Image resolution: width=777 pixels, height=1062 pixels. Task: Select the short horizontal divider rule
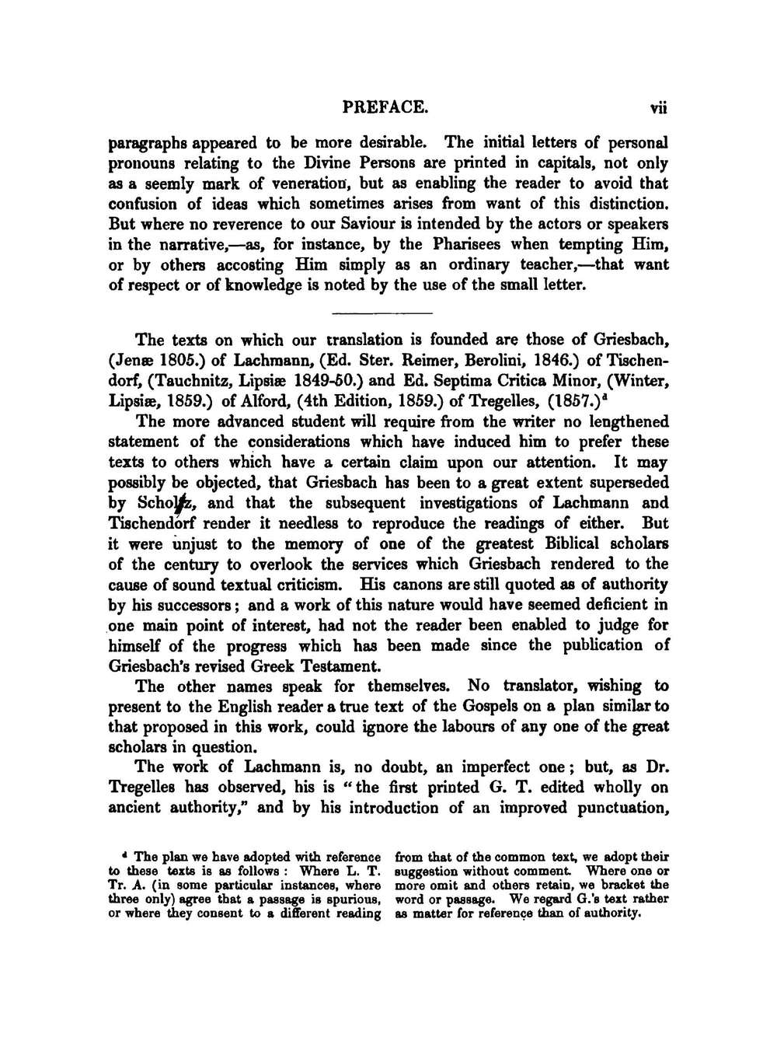coord(382,313)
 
